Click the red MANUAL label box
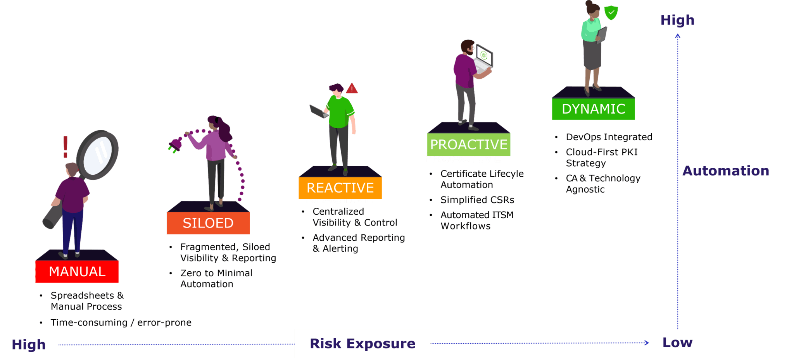(x=77, y=271)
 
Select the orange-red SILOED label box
(x=208, y=223)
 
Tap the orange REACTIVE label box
(x=340, y=188)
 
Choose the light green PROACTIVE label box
(x=469, y=145)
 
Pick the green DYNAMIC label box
(x=594, y=109)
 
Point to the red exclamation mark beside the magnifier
(x=66, y=147)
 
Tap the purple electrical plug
(x=175, y=145)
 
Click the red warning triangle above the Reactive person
(x=352, y=88)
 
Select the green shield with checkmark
(x=611, y=12)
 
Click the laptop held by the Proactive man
(x=483, y=59)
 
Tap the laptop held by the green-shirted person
(x=319, y=112)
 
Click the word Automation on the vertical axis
(x=726, y=171)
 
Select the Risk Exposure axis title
(x=362, y=343)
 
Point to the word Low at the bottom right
(x=677, y=343)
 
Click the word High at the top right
(x=677, y=20)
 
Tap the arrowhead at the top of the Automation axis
(x=678, y=36)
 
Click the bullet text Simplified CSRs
(x=477, y=200)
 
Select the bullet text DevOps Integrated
(x=609, y=137)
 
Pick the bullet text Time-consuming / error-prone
(x=121, y=323)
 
